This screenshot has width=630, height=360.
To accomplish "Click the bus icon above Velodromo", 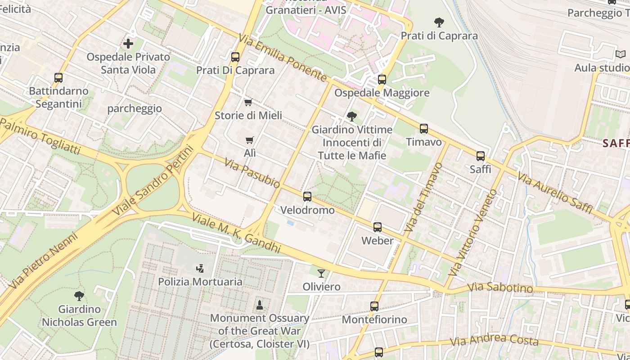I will (x=307, y=197).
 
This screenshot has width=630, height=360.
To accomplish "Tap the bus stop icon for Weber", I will (x=378, y=227).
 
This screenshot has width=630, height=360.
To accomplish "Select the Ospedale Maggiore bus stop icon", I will (x=382, y=80).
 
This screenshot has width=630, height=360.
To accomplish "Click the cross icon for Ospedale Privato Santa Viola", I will (x=128, y=44).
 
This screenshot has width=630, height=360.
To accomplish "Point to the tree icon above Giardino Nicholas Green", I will (x=79, y=296).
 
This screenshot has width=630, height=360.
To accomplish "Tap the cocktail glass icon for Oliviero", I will (x=321, y=273).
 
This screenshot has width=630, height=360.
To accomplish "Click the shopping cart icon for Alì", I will (x=250, y=140).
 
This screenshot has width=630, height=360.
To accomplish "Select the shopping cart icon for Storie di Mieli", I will (x=248, y=102).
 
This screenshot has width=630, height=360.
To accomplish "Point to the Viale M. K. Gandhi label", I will (x=236, y=233).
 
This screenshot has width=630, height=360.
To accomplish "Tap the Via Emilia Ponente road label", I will (x=283, y=58).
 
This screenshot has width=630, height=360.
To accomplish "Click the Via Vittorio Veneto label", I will (x=473, y=233).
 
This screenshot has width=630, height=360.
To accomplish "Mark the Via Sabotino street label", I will (x=500, y=288).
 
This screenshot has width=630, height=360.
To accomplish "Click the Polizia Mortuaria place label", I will (x=200, y=282).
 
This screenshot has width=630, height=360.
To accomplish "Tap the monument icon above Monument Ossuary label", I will (x=260, y=305).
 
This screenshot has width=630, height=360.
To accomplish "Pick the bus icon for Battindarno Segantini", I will (x=58, y=78).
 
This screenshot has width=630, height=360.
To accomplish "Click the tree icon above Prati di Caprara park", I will (x=439, y=22).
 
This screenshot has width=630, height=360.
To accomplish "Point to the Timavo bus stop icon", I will (x=424, y=129).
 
